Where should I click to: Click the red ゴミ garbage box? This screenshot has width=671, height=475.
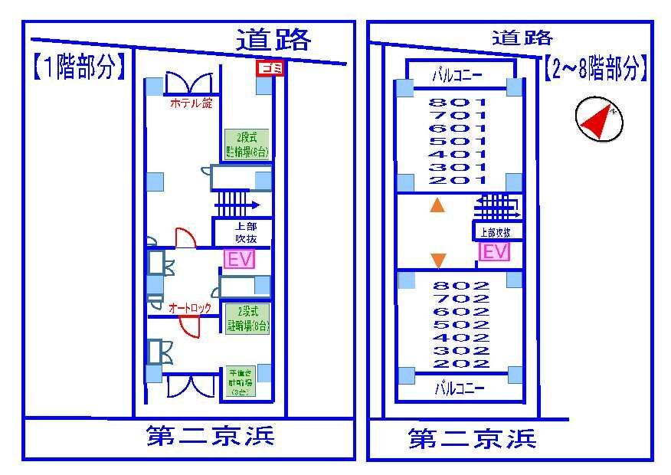coord(270,68)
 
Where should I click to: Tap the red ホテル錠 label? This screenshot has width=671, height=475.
coord(191,103)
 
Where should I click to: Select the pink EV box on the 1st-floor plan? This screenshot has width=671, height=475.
coord(237,259)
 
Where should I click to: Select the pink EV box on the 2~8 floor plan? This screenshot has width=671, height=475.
coord(494,251)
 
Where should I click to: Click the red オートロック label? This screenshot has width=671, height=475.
coord(190,308)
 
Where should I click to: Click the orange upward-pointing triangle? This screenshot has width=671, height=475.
coord(437,205)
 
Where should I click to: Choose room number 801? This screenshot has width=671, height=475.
coord(458,102)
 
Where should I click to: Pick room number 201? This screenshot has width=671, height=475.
coord(458,180)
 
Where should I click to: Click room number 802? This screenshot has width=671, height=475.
coord(461,286)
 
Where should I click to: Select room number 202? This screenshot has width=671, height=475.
coord(461,364)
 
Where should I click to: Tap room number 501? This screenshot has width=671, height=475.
coord(458,141)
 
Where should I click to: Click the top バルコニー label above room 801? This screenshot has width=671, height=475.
coord(457,75)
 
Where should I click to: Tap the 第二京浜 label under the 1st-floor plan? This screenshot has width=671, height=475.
coord(210,437)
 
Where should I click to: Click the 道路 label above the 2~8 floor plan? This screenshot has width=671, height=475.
coord(522,37)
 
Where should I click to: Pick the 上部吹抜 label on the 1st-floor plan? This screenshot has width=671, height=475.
coord(240,233)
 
